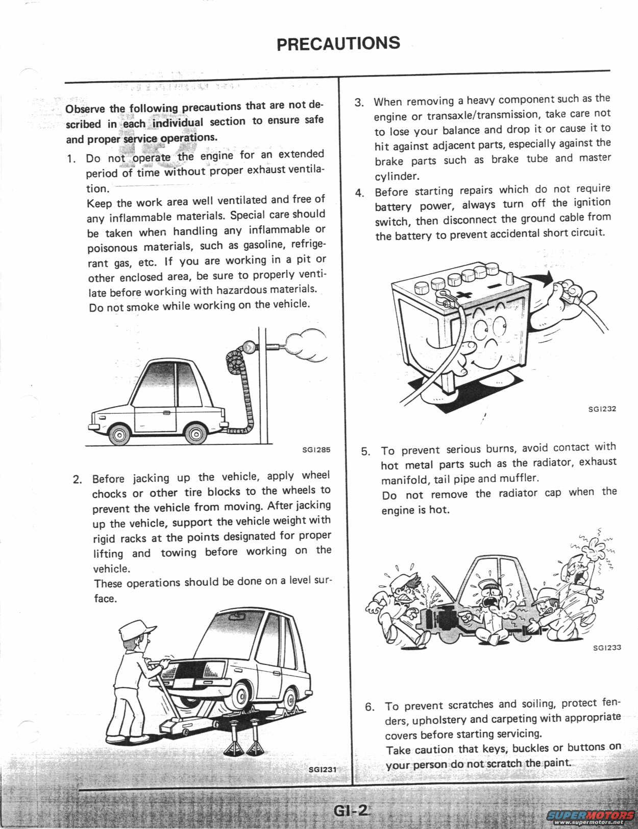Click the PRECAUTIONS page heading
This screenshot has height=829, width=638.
click(x=338, y=43)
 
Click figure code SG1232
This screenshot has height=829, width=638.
click(x=602, y=409)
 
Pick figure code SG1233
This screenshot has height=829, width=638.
click(x=607, y=648)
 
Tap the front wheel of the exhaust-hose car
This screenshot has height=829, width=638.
click(x=118, y=435)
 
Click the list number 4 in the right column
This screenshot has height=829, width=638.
click(x=359, y=193)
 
